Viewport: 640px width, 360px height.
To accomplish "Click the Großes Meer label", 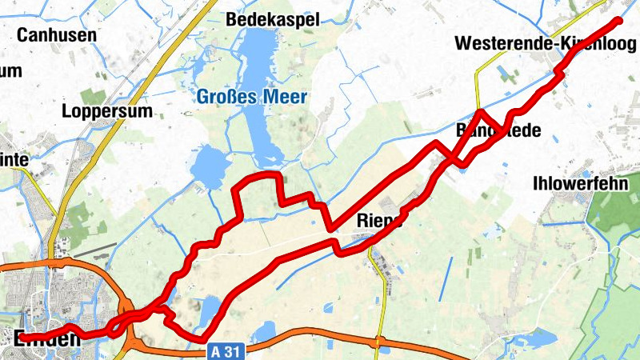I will [x=251, y=98].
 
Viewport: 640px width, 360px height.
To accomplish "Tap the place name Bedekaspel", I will [x=273, y=18].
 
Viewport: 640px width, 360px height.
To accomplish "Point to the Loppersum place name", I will [x=106, y=111].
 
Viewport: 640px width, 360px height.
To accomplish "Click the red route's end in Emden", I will [x=20, y=338].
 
